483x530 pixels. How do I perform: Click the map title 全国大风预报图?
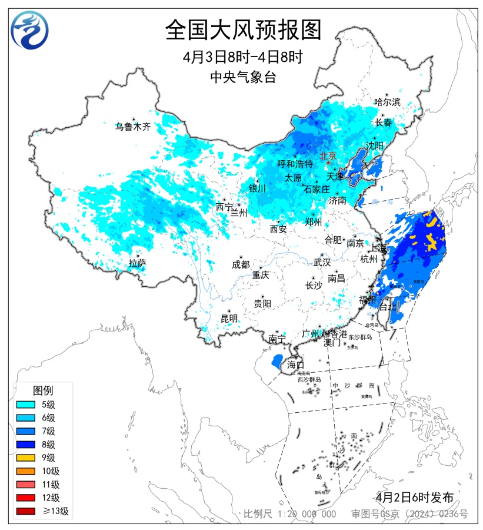point(243,30)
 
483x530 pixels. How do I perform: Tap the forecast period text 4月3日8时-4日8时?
point(243,58)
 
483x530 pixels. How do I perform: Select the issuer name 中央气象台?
point(243,77)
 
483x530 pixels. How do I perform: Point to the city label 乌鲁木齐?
point(132,126)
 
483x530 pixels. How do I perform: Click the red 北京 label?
point(328,156)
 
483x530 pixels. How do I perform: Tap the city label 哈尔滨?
point(387,102)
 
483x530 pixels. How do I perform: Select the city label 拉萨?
point(137,263)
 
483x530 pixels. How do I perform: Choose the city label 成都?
point(241,264)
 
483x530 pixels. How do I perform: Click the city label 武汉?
point(322,261)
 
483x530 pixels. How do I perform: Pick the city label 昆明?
point(229,318)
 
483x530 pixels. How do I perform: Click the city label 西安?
point(278,228)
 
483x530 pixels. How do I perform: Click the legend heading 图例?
point(43,390)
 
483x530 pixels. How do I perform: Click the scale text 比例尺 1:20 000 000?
point(290,514)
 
